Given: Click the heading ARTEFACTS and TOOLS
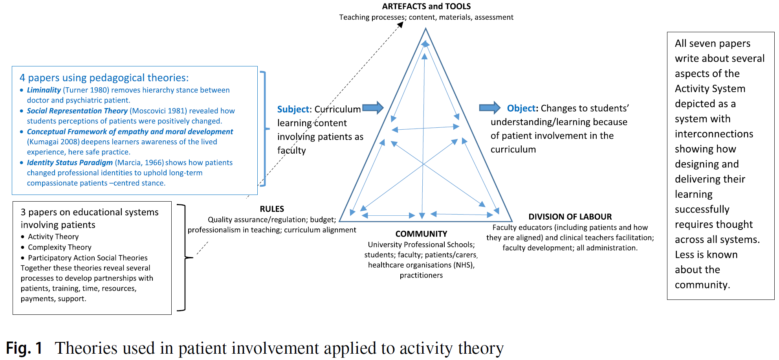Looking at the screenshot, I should click(426, 6).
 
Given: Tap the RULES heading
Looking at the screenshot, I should click(272, 209).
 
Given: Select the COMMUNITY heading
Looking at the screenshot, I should click(421, 234).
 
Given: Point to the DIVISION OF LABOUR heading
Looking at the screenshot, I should click(570, 217).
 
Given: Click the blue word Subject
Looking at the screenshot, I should click(293, 109).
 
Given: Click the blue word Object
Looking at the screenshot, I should click(521, 108).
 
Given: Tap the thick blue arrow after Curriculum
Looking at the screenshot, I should click(372, 108).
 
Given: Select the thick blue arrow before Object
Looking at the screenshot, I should click(489, 107).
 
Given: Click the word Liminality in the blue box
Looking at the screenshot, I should click(44, 90).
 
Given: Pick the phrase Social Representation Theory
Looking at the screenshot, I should click(77, 111).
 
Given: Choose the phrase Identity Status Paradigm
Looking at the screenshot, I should click(70, 163).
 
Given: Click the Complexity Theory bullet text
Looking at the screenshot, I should click(60, 248).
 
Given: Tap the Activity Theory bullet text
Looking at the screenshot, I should click(53, 237).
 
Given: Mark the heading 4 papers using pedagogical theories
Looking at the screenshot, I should click(104, 78).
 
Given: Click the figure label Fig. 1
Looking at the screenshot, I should click(24, 348).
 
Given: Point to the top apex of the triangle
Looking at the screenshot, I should click(425, 29).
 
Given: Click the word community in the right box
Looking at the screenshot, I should click(702, 285).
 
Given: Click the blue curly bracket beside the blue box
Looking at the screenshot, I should click(264, 129).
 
